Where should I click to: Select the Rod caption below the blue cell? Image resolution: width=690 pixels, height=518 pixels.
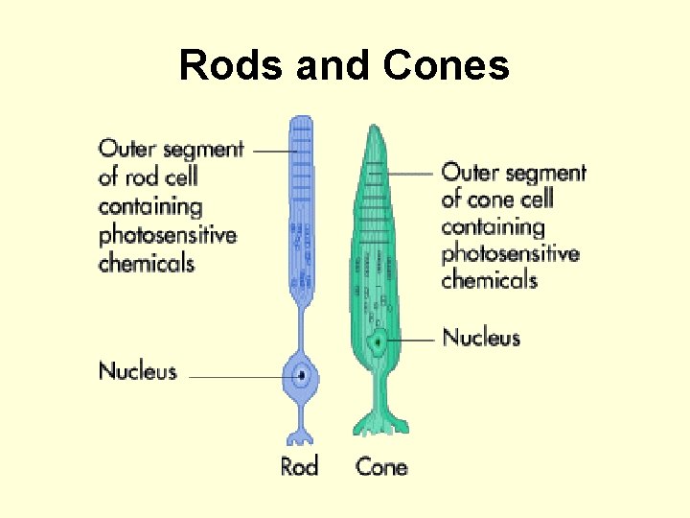point(299,467)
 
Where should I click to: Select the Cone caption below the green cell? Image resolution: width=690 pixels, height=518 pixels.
point(381,467)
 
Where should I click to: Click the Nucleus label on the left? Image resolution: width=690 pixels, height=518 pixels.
point(138,371)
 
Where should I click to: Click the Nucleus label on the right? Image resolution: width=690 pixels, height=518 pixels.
point(481,338)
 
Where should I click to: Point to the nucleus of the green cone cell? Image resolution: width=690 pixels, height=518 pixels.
point(379,341)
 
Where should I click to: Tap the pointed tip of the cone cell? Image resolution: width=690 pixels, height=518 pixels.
point(375,129)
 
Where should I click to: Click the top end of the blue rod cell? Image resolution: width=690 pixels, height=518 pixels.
point(302,120)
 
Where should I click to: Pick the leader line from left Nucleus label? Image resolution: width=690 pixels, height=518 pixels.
point(235,377)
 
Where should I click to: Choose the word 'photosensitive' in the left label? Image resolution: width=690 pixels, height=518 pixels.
point(168,234)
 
